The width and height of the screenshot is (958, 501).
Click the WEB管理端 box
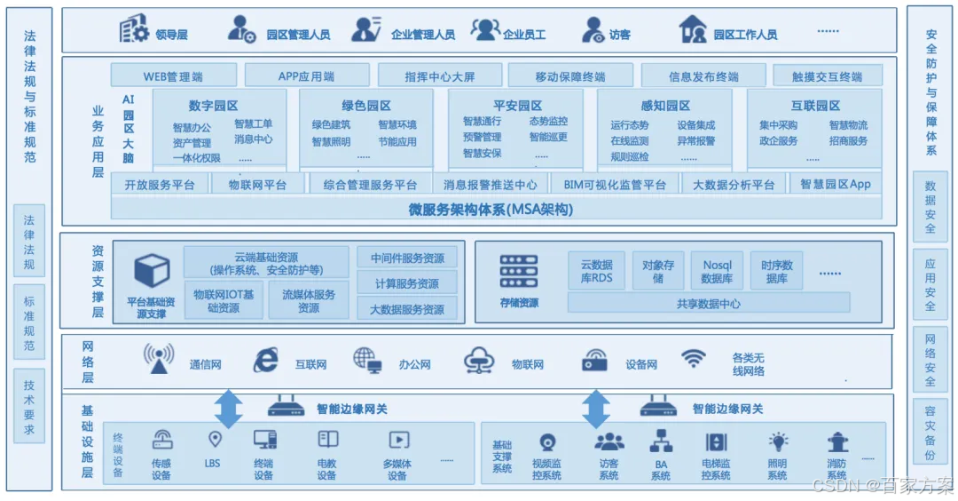click(x=173, y=76)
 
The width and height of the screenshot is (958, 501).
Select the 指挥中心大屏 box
click(x=440, y=76)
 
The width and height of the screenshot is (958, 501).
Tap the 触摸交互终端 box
click(x=826, y=76)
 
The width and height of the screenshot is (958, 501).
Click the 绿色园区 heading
click(x=365, y=106)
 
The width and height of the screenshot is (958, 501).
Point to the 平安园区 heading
click(x=517, y=106)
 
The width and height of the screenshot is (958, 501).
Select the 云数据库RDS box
click(x=597, y=271)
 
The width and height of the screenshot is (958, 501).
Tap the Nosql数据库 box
click(x=716, y=271)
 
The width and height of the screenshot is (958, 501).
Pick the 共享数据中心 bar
click(x=708, y=303)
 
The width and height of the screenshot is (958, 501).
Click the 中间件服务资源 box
click(x=407, y=258)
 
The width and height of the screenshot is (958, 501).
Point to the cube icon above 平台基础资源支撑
click(x=151, y=271)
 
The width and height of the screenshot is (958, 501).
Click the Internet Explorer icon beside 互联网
click(x=265, y=360)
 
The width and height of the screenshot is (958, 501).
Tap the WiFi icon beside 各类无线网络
click(x=694, y=359)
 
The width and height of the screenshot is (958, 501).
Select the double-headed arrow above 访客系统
click(x=596, y=409)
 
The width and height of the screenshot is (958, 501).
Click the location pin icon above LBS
click(x=214, y=439)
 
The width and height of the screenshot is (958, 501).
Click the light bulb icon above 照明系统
click(x=778, y=441)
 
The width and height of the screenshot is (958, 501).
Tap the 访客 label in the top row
click(x=619, y=35)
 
